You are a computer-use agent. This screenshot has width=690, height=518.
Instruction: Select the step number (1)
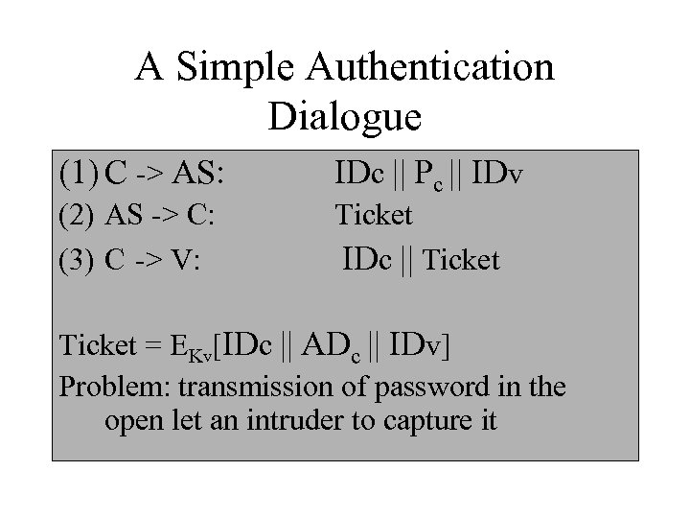80,176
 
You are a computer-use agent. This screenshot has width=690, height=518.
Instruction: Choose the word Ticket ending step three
460,260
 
